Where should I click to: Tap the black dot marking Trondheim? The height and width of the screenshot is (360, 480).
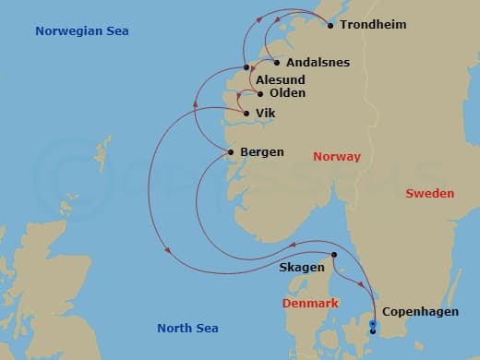tap(331, 25)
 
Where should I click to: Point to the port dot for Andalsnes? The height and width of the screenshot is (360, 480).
tap(277, 63)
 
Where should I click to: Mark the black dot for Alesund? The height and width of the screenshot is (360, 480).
tap(246, 67)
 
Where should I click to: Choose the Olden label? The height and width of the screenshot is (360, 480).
tap(286, 93)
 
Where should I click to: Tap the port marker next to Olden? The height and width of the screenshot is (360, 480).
tap(261, 94)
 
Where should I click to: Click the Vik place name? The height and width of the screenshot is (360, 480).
tap(266, 114)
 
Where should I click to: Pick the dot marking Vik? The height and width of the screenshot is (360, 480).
tap(246, 114)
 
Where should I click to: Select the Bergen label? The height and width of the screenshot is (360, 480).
tap(261, 151)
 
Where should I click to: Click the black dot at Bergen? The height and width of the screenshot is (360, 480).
tap(231, 151)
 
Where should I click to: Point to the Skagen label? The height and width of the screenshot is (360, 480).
tap(301, 268)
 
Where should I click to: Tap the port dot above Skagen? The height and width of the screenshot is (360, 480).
tap(334, 255)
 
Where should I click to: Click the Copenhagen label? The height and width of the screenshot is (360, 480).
tap(420, 312)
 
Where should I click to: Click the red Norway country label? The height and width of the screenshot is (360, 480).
tap(337, 157)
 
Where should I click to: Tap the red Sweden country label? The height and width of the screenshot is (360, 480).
tap(429, 194)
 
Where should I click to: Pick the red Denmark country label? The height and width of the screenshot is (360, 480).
tap(311, 304)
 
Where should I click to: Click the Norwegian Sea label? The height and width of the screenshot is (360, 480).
tap(81, 31)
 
